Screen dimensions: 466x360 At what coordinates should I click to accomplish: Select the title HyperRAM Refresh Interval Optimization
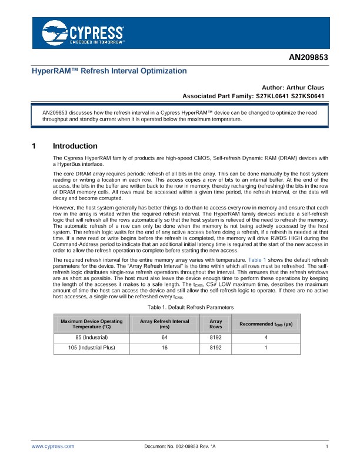[x=109, y=71]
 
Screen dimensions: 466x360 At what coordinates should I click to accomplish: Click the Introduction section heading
[x=75, y=146]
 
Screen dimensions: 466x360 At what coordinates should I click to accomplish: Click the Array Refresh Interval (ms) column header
[x=165, y=324]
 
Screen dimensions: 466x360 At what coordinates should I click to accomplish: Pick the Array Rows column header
[x=216, y=324]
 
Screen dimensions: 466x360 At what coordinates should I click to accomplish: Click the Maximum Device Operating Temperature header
[x=91, y=324]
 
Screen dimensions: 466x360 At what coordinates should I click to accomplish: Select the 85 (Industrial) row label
[x=91, y=338]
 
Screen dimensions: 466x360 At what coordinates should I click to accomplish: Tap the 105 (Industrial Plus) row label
[x=91, y=348]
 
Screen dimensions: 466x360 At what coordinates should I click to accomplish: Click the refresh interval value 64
[x=165, y=338]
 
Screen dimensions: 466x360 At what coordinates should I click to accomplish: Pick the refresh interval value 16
[x=165, y=348]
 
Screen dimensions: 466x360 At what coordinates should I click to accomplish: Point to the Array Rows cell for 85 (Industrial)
[x=216, y=338]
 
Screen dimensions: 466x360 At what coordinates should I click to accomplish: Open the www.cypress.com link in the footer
[x=53, y=447]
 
